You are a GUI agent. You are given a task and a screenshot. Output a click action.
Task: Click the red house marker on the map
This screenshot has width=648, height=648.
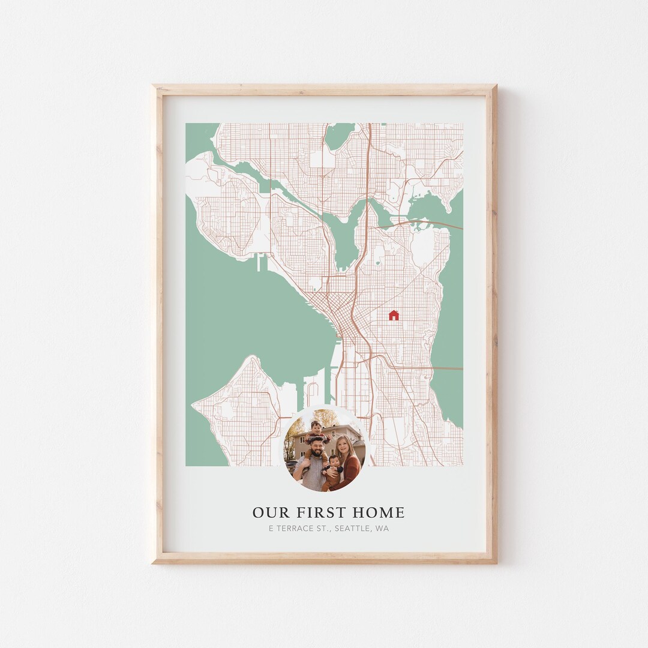394,315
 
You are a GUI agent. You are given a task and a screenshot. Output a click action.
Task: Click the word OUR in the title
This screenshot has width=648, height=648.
266,513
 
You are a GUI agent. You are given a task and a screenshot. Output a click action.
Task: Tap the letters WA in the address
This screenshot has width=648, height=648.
382,529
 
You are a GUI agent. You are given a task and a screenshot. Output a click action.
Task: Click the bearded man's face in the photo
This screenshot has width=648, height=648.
316,447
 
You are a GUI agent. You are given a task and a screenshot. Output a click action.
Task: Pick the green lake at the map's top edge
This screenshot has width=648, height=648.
340,136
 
